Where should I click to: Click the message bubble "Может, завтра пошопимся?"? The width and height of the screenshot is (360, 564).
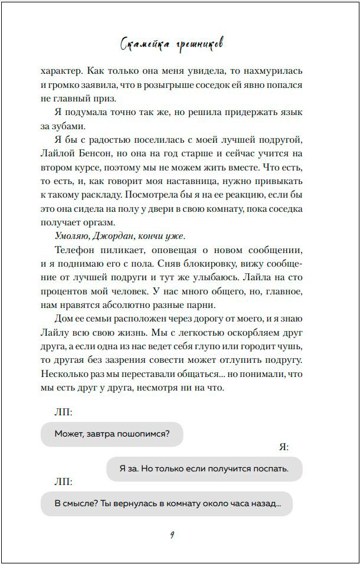pos(112,434)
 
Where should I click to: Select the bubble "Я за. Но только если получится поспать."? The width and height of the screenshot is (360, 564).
pos(204,469)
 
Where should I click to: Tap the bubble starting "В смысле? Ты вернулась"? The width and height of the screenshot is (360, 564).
pos(166,504)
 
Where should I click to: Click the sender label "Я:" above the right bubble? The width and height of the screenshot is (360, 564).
pos(283,448)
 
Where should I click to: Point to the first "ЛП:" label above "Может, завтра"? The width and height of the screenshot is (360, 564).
pos(63,411)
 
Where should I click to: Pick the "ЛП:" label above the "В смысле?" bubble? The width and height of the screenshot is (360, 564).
pos(63,481)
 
